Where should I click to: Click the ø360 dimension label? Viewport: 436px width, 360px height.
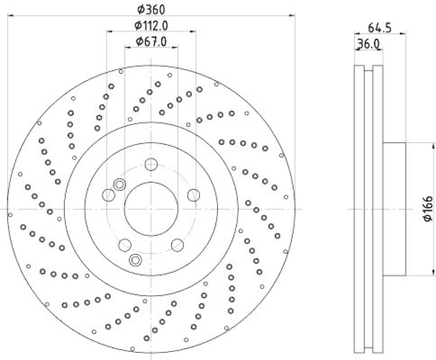click(151, 9)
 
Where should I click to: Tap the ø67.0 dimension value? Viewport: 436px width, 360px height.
click(151, 41)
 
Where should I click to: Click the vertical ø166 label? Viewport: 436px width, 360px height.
click(428, 209)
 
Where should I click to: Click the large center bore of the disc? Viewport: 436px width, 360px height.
click(151, 209)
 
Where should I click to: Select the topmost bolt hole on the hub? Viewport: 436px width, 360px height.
click(151, 164)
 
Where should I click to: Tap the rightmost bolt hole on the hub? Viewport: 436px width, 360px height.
click(193, 195)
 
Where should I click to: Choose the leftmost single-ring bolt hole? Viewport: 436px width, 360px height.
click(108, 195)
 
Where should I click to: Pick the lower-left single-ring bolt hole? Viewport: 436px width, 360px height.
click(125, 245)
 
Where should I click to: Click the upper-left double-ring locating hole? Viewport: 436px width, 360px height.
click(118, 185)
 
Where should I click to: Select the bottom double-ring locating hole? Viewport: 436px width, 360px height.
click(135, 259)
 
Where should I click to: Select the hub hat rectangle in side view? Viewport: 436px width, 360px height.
click(393, 209)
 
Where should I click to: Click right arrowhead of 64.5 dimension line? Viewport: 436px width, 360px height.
click(404, 34)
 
